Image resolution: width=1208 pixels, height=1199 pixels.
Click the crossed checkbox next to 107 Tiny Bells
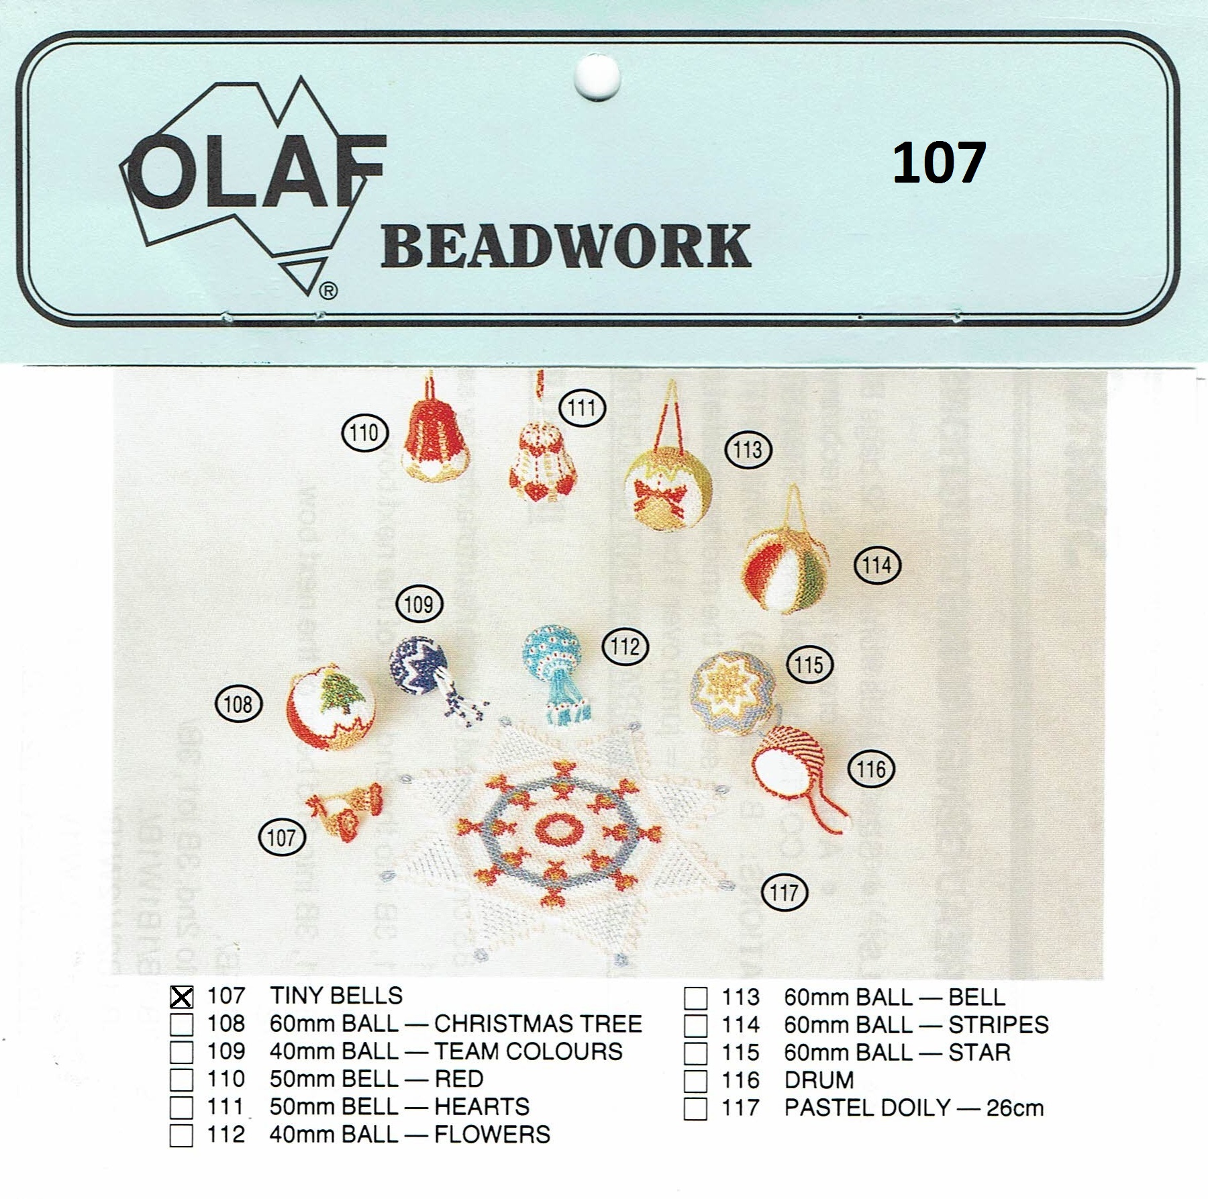pos(181,997)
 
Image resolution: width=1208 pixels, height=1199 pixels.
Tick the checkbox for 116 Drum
pos(695,1081)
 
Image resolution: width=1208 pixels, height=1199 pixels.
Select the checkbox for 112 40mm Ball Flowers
pos(181,1135)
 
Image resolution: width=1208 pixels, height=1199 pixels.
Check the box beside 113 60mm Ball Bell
pos(695,998)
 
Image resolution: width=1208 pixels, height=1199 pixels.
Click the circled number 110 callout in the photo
pos(365,433)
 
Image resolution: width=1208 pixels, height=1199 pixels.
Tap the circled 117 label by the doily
pos(785,893)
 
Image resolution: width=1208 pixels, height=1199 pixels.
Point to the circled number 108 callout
pos(238,704)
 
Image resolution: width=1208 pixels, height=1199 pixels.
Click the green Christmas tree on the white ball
pos(342,693)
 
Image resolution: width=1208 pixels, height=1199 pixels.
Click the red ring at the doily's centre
pos(558,830)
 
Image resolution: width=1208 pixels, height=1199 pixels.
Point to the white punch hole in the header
pos(597,78)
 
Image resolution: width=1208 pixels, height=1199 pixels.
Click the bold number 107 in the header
pos(939,162)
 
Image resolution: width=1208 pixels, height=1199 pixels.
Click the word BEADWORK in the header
pos(566,247)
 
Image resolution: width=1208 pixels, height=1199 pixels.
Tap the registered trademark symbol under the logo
pos(328,291)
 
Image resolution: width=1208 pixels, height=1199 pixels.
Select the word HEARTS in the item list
pos(482,1107)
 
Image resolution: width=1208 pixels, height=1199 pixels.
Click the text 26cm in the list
pos(1015,1108)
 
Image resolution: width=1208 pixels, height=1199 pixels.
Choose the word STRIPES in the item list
pos(998,1025)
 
